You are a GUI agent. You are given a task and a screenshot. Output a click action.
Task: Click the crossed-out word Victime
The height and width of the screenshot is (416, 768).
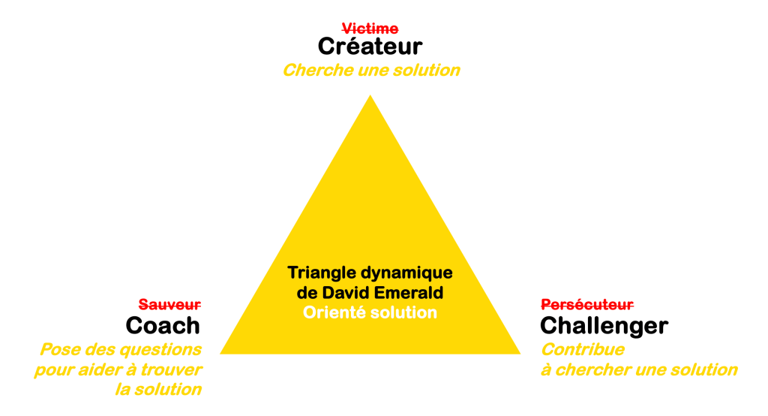(370, 29)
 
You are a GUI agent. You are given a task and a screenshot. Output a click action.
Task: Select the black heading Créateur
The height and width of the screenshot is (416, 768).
(370, 47)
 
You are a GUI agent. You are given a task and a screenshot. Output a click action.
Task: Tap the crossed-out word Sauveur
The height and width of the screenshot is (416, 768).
(169, 305)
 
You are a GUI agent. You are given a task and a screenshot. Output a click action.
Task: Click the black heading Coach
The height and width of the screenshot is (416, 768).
(163, 326)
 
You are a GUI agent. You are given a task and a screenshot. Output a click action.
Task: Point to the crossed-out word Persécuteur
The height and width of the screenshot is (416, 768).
(587, 305)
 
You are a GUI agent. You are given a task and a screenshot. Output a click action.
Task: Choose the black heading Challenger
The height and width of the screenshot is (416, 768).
(604, 326)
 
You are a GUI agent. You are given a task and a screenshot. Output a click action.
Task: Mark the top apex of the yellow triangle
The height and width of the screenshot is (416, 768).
(370, 95)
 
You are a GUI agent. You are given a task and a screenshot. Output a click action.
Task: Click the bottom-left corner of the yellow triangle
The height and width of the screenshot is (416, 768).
(220, 353)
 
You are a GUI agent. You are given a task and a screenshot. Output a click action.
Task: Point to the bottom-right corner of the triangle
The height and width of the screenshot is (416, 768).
(519, 353)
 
